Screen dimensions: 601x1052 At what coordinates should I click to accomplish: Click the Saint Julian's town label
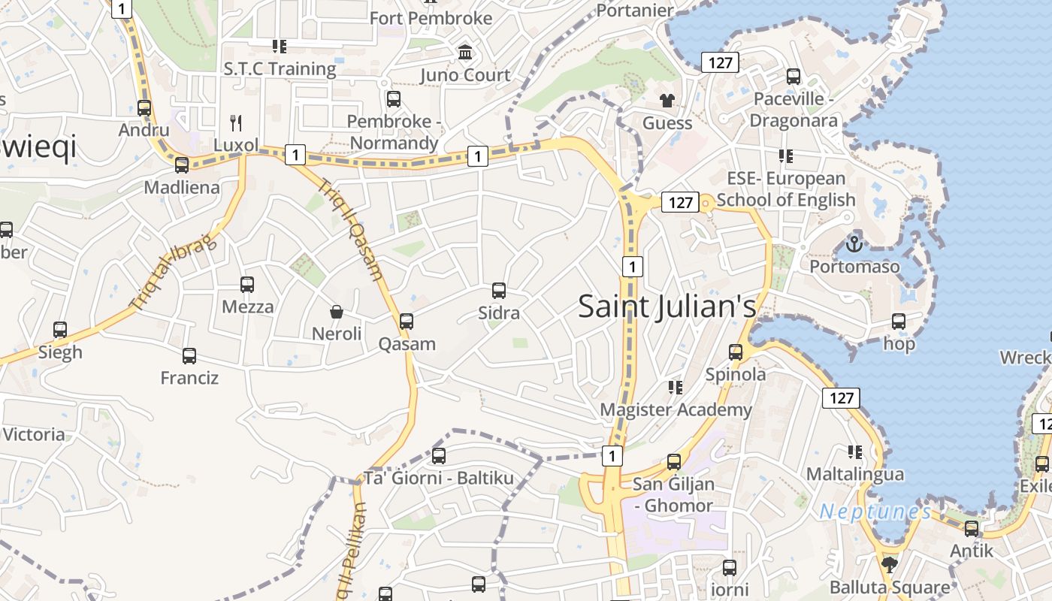(x=667, y=307)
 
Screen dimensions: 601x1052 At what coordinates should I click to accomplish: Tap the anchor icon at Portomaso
(x=854, y=243)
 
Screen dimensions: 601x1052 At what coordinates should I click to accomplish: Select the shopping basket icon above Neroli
(x=337, y=311)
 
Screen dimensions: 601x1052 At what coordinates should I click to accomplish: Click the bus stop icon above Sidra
(x=498, y=290)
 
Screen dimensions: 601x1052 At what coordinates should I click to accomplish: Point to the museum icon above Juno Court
(x=465, y=53)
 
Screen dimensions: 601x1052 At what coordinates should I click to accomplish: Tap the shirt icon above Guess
(x=667, y=100)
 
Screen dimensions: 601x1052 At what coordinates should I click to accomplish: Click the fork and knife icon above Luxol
(x=236, y=122)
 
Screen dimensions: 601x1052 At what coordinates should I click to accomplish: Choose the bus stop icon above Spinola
(x=736, y=352)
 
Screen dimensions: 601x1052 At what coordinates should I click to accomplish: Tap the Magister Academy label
(x=676, y=409)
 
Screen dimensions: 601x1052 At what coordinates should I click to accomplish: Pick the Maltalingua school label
(x=854, y=474)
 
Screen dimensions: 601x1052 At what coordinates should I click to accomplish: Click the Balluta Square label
(x=890, y=587)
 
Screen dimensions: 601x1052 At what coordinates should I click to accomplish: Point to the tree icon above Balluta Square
(x=890, y=563)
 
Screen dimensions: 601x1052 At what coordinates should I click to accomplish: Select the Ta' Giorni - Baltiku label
(x=439, y=478)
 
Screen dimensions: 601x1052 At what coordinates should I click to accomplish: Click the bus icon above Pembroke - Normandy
(x=393, y=98)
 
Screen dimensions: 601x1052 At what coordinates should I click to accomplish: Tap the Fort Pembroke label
(x=431, y=17)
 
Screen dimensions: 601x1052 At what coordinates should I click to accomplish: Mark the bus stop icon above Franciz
(x=189, y=355)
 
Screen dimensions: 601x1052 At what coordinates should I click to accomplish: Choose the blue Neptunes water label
(x=875, y=512)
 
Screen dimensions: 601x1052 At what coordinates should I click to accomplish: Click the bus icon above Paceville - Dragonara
(x=794, y=76)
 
